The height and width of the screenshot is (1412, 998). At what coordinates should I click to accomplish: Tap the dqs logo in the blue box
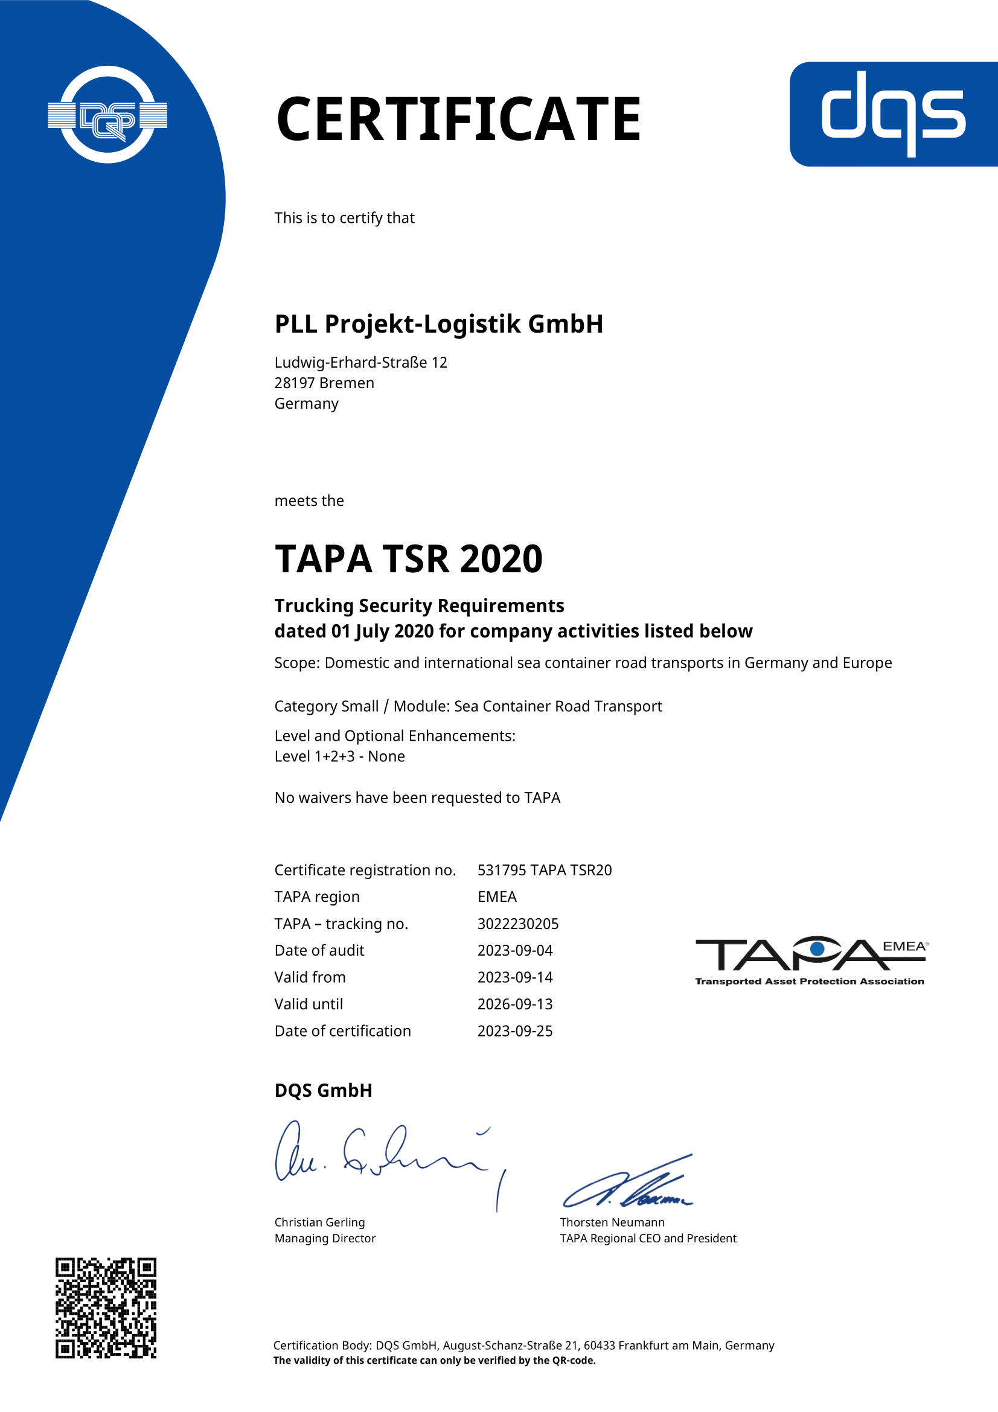pyautogui.click(x=893, y=113)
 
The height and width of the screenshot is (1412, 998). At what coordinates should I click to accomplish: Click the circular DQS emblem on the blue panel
pyautogui.click(x=107, y=115)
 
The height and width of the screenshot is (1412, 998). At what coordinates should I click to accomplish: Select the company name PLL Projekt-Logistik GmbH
pyautogui.click(x=438, y=324)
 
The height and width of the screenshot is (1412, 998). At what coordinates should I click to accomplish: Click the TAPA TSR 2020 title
pyautogui.click(x=408, y=559)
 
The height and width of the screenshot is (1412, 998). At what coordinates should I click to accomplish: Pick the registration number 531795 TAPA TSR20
pyautogui.click(x=544, y=871)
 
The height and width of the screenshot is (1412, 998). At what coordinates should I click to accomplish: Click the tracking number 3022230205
pyautogui.click(x=518, y=924)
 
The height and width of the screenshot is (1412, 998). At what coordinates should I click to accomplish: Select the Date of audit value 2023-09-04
pyautogui.click(x=514, y=950)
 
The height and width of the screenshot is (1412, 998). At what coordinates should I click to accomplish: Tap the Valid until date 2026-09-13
pyautogui.click(x=514, y=1004)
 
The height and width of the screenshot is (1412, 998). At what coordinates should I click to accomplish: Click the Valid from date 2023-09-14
pyautogui.click(x=514, y=977)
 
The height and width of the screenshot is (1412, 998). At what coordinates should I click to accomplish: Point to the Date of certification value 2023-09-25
pyautogui.click(x=514, y=1030)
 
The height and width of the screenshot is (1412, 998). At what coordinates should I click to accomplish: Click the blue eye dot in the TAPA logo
pyautogui.click(x=817, y=949)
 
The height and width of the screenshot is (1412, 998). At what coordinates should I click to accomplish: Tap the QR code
pyautogui.click(x=106, y=1308)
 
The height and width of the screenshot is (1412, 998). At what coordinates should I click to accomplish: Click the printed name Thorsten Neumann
pyautogui.click(x=612, y=1222)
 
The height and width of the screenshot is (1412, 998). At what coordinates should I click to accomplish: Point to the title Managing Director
pyautogui.click(x=325, y=1238)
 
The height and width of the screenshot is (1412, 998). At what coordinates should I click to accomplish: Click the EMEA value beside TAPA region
pyautogui.click(x=497, y=896)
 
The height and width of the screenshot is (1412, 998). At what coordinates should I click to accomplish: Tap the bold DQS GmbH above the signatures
pyautogui.click(x=324, y=1090)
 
